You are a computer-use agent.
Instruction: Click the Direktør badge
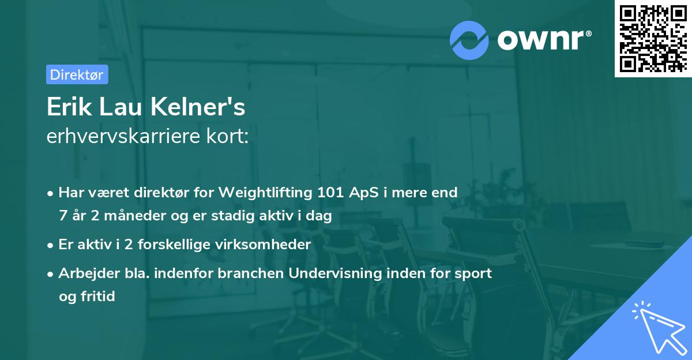click(x=77, y=74)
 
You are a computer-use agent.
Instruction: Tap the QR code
click(x=653, y=38)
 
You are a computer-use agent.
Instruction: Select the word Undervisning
click(x=334, y=273)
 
